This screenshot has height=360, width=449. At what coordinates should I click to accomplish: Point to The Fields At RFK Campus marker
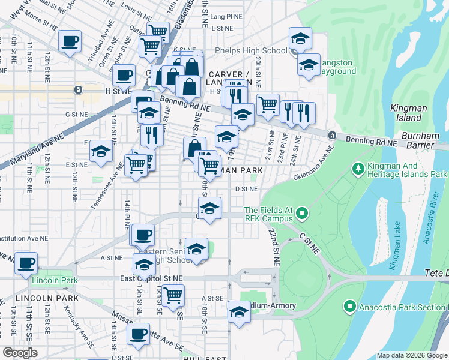(302, 213)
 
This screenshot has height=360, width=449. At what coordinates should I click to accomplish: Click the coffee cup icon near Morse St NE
(70, 41)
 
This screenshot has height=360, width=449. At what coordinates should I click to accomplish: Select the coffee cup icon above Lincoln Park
(26, 263)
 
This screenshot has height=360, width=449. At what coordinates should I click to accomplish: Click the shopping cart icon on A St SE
(173, 295)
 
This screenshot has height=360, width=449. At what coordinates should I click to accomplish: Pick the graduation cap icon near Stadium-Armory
(239, 312)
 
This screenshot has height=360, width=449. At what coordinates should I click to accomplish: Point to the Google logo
(20, 352)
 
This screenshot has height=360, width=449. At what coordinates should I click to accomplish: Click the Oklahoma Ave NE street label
(313, 167)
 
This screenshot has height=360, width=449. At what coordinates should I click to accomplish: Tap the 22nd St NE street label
(275, 247)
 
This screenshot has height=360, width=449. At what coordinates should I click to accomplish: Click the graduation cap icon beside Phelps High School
(300, 40)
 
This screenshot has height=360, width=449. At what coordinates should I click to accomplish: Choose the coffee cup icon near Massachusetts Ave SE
(138, 334)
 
